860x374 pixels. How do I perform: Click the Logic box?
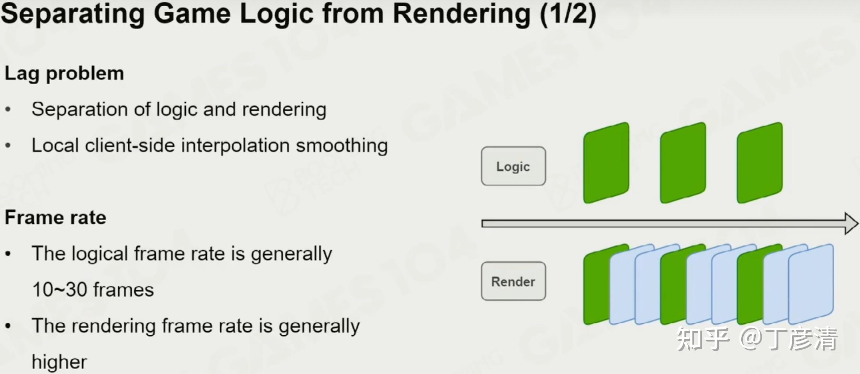(x=513, y=166)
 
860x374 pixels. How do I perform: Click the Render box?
(x=513, y=281)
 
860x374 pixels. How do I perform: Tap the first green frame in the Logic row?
(x=606, y=163)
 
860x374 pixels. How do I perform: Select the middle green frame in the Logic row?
(x=683, y=163)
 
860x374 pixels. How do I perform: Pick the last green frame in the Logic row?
(x=760, y=163)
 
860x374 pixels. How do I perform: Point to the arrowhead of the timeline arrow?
(x=852, y=224)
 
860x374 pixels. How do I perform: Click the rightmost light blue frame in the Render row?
(x=811, y=284)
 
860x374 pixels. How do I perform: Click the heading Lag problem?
(x=64, y=74)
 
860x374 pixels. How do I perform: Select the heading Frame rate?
(x=55, y=217)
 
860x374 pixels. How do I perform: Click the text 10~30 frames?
(x=93, y=290)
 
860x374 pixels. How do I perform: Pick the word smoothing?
(x=342, y=146)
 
